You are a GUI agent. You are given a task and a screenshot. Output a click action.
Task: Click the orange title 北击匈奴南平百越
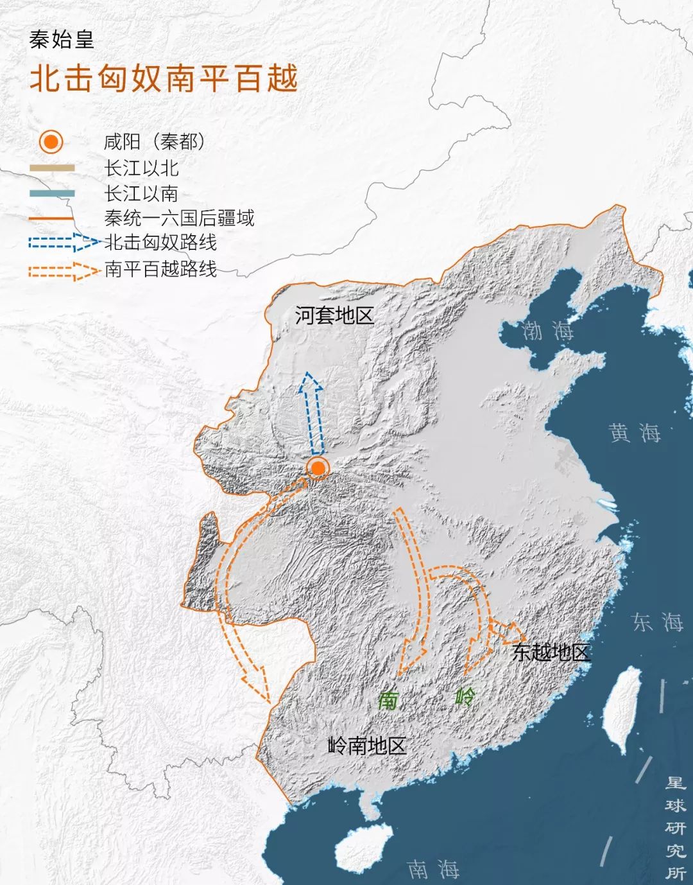click(164, 79)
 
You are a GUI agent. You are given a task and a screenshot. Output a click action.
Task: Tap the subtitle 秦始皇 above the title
click(62, 40)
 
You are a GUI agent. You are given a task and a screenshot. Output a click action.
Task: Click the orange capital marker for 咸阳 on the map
click(317, 468)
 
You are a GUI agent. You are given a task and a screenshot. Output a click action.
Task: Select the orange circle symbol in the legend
click(51, 141)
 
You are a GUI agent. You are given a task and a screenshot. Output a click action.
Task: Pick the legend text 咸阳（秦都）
click(155, 141)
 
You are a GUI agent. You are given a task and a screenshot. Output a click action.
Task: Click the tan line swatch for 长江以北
click(51, 168)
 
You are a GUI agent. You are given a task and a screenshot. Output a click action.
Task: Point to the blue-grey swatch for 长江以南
click(51, 193)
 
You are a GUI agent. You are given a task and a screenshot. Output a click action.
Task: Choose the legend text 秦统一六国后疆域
click(179, 218)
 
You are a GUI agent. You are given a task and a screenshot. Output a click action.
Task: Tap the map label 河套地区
click(334, 315)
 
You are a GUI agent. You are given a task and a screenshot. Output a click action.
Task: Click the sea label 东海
click(657, 622)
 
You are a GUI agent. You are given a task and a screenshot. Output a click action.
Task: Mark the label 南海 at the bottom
click(433, 869)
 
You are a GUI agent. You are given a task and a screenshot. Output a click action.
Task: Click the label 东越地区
click(551, 653)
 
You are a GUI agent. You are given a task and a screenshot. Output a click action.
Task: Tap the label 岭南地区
click(366, 746)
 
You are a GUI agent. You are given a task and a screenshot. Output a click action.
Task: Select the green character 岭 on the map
click(465, 697)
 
